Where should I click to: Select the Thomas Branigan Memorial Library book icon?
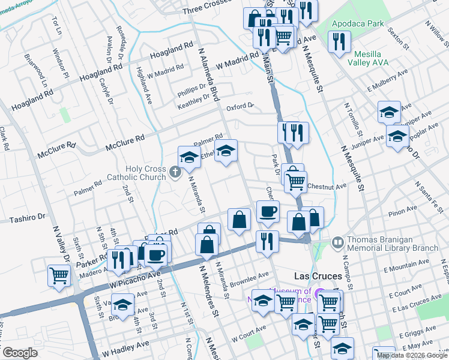(337, 242)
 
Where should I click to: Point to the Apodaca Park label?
(358, 23)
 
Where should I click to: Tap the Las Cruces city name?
(319, 276)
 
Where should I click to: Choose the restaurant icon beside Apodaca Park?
(340, 42)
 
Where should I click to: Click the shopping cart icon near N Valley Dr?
(59, 275)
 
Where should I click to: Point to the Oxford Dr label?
(240, 107)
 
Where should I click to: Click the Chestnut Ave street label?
(327, 187)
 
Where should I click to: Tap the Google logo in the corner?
(20, 353)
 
